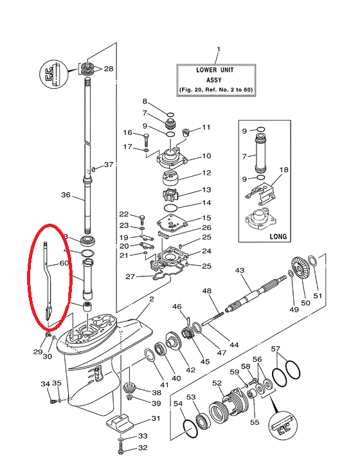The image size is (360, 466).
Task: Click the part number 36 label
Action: pos(66,195)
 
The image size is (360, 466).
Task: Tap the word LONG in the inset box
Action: pos(278,237)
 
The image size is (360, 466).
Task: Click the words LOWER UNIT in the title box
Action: pos(215,70)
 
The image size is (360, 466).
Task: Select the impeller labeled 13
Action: pos(170,195)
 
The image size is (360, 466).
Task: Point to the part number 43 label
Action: pos(240,271)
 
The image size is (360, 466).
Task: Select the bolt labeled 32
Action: pos(121,448)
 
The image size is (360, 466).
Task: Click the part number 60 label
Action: pos(64,263)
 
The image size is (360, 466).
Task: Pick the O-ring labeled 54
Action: pos(190,428)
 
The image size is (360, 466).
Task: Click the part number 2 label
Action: pos(152,299)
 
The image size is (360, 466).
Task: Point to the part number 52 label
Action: pos(217,383)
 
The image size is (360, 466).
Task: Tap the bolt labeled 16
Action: pos(147,138)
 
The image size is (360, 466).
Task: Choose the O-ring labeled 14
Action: pos(170,207)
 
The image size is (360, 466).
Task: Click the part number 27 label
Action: pos(130,276)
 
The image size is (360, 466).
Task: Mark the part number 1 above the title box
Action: pos(219,49)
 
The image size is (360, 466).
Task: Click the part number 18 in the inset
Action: pos(284,170)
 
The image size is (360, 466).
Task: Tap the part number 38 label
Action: pos(156,393)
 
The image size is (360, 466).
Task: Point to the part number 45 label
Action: pos(205,361)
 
